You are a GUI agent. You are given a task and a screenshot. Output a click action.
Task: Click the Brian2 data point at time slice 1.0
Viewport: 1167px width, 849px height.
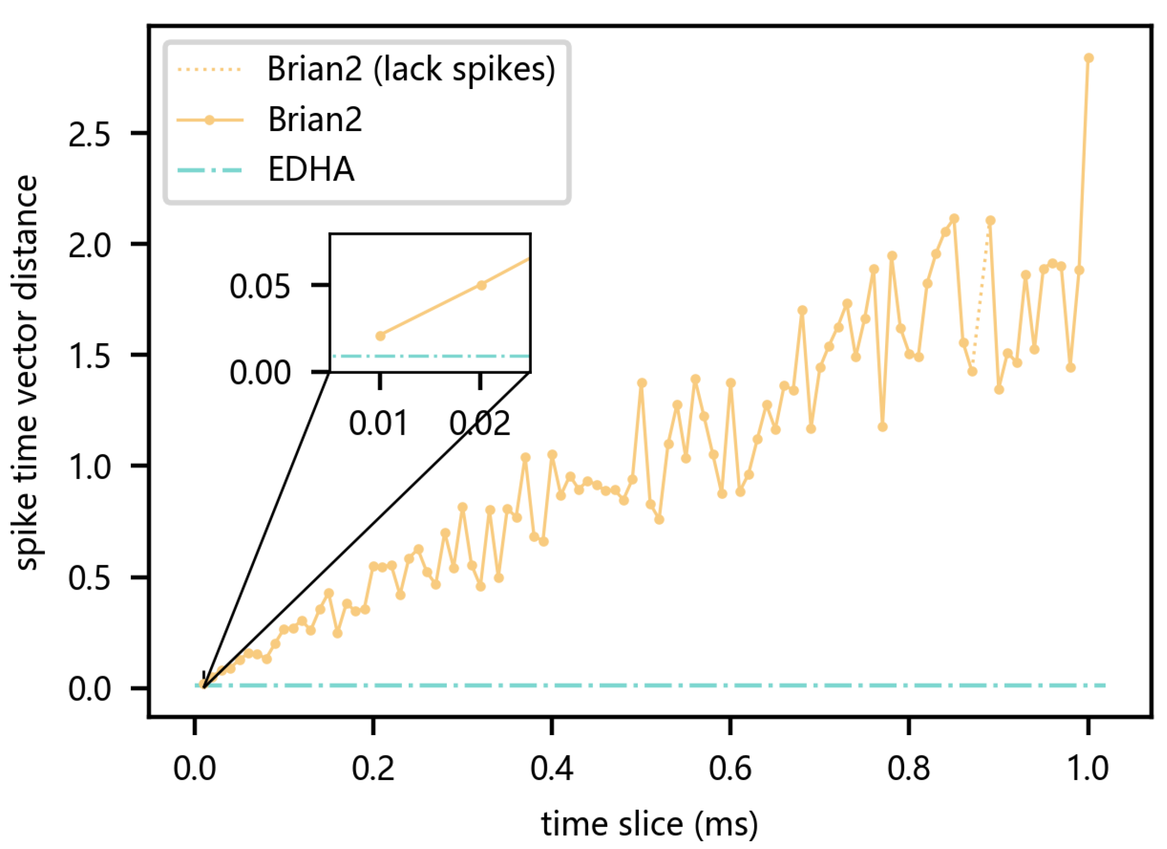(x=1088, y=58)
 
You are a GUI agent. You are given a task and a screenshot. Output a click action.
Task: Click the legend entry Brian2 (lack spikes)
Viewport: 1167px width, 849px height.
(x=411, y=69)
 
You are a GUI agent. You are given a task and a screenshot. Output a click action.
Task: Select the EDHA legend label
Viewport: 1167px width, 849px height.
(x=311, y=169)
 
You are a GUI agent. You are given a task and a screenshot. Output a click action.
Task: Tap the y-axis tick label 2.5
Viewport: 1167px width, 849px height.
(x=89, y=135)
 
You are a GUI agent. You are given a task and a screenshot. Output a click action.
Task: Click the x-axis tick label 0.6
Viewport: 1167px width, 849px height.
(x=729, y=768)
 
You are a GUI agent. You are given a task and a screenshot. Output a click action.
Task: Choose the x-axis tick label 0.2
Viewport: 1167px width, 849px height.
(x=372, y=768)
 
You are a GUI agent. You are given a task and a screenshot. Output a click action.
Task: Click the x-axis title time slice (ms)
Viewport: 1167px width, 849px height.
(x=649, y=824)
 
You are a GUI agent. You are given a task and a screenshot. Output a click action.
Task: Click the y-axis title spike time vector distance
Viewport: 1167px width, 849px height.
(x=27, y=373)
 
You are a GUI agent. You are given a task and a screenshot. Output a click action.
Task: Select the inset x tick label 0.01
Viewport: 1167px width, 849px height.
(x=379, y=423)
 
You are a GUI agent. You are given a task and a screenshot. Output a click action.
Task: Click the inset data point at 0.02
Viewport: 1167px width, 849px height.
(x=481, y=285)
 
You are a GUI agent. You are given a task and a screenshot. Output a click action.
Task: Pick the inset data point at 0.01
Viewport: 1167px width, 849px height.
(x=380, y=336)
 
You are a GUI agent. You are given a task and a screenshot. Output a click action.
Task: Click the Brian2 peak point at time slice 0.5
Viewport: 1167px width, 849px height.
(x=642, y=383)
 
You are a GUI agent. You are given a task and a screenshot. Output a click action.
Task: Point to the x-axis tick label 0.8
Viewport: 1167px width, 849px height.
(x=908, y=768)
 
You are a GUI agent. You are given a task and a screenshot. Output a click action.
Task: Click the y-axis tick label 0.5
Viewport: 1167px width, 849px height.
(x=89, y=578)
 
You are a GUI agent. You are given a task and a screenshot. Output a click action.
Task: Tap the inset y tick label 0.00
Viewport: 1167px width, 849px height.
(x=260, y=372)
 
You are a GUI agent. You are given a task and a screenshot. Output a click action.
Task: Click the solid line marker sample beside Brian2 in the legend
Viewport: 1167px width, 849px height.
(x=210, y=121)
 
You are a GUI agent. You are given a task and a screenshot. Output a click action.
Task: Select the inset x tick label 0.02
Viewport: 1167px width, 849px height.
(x=480, y=423)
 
